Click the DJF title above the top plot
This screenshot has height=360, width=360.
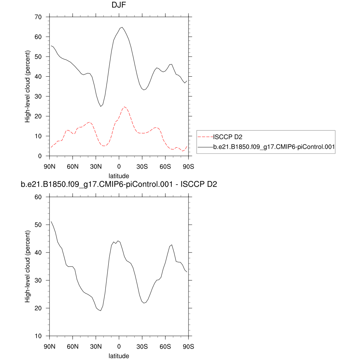coord(119,5)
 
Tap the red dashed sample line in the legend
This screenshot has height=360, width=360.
coord(206,137)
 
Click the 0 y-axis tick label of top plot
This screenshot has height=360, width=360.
coord(40,156)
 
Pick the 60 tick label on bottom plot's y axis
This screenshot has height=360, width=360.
coord(38,197)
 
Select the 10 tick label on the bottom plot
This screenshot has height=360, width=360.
coord(38,336)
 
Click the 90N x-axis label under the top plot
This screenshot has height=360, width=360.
coord(50,166)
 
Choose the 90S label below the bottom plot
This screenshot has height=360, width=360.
coord(188,347)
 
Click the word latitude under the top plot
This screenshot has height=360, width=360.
coord(119,175)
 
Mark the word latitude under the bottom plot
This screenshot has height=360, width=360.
coord(119,356)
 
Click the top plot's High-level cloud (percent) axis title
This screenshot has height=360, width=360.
coord(27,86)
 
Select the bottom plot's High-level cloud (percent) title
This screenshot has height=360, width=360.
coord(27,266)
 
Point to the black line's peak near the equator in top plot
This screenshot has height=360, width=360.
coord(121,27)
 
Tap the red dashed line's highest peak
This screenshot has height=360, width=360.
coord(124,107)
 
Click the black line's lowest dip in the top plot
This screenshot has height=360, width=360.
coord(101,106)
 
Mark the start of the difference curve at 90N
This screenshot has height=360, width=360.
coord(51,221)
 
